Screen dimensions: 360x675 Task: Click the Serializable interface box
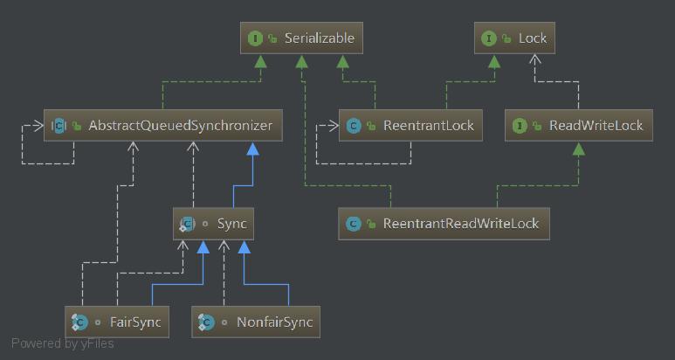click(x=301, y=38)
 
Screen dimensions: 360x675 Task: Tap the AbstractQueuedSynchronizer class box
click(x=163, y=126)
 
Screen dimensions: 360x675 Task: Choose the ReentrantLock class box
click(x=411, y=126)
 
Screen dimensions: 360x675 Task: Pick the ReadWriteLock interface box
click(x=579, y=126)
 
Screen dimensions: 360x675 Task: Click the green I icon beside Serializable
click(x=256, y=38)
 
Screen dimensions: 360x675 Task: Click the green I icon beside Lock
click(x=489, y=38)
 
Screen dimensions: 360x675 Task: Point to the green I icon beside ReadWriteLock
click(x=520, y=126)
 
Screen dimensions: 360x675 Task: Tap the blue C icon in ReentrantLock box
click(x=354, y=126)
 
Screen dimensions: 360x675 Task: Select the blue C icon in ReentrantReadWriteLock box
click(x=354, y=224)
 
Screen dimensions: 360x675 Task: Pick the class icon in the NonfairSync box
click(x=206, y=322)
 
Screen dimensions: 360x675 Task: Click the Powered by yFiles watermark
click(x=62, y=343)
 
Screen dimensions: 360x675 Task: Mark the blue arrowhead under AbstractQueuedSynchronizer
click(x=252, y=150)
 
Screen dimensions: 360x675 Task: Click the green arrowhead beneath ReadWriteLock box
click(x=577, y=149)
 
